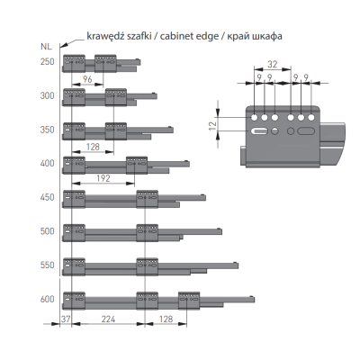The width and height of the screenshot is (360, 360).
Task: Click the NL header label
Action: pyautogui.click(x=46, y=47)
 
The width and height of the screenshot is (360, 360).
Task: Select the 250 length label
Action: pyautogui.click(x=48, y=62)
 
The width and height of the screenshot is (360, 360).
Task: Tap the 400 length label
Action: pyautogui.click(x=48, y=164)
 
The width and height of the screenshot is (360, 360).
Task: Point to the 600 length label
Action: pyautogui.click(x=48, y=299)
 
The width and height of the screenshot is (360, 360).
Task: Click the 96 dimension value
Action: pyautogui.click(x=87, y=79)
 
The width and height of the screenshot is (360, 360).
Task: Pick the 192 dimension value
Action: pyautogui.click(x=103, y=178)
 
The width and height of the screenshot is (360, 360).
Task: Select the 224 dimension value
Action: pyautogui.click(x=108, y=319)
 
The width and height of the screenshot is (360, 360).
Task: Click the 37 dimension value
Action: pyautogui.click(x=66, y=319)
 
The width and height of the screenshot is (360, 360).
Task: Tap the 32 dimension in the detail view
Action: pyautogui.click(x=272, y=64)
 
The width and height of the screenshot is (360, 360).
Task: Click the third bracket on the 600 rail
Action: pyautogui.click(x=189, y=301)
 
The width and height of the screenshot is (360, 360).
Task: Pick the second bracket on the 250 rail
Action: pyautogui.click(x=105, y=63)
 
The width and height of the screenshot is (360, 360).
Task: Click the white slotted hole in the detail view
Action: pyautogui.click(x=260, y=131)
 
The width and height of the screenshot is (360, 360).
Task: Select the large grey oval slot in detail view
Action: pyautogui.click(x=306, y=131)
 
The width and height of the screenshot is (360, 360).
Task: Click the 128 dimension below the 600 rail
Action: pyautogui.click(x=166, y=319)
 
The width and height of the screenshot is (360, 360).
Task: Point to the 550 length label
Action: pyautogui.click(x=48, y=265)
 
